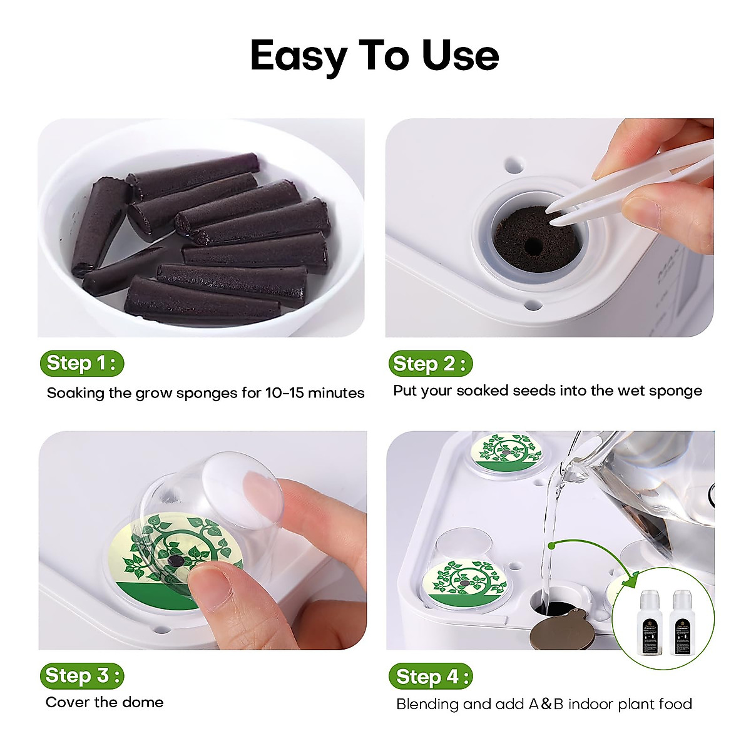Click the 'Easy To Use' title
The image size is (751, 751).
pyautogui.click(x=374, y=56)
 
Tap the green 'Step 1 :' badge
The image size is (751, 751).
pyautogui.click(x=81, y=363)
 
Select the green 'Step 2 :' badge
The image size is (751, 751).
pyautogui.click(x=429, y=364)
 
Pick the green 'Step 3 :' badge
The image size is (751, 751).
pyautogui.click(x=81, y=676)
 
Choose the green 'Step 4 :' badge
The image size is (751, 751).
pyautogui.click(x=430, y=677)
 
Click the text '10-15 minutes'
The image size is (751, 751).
pyautogui.click(x=315, y=393)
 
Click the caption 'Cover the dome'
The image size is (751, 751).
pyautogui.click(x=105, y=702)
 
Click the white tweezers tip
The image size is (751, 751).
pyautogui.click(x=554, y=212)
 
